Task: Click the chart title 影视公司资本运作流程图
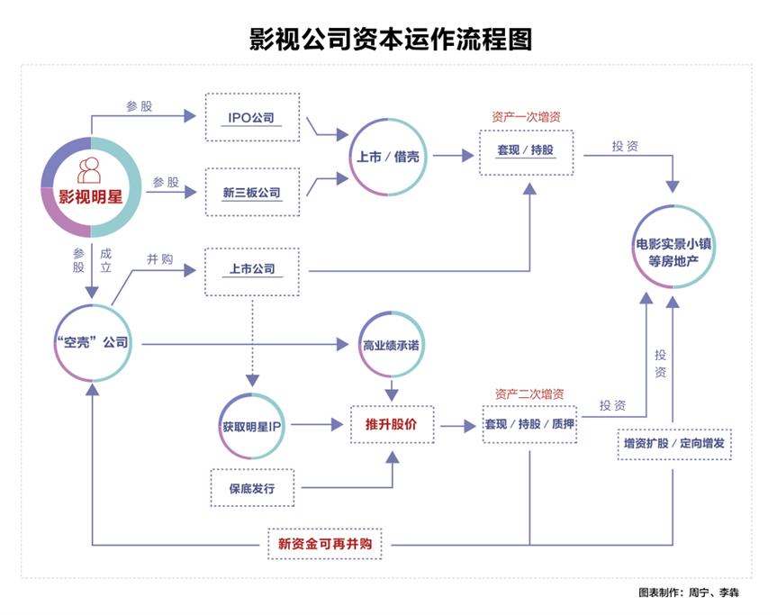tap(389, 38)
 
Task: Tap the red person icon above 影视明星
tap(89, 170)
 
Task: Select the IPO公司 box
tap(252, 117)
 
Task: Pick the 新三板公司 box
tap(252, 192)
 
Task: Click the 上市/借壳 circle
tap(383, 155)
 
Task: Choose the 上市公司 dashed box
tap(252, 269)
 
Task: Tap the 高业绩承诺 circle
tap(391, 345)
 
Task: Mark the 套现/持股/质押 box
tap(529, 423)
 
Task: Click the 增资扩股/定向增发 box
tap(673, 443)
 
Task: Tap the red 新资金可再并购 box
tap(330, 544)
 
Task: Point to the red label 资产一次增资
tap(527, 117)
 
